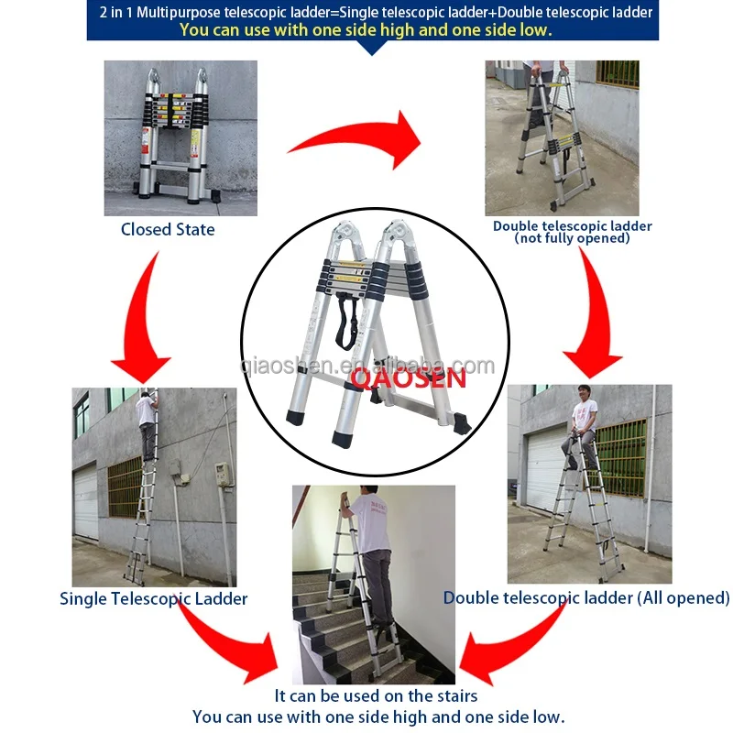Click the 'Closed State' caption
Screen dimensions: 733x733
pos(168,230)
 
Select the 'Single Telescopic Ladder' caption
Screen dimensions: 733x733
pos(154,599)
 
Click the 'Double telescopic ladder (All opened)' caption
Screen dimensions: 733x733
pos(586,598)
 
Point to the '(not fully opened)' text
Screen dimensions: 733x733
pos(573,238)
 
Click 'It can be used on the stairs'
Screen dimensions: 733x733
pos(376,696)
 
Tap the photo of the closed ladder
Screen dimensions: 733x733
pos(181,137)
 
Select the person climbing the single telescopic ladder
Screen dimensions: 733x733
pos(147,421)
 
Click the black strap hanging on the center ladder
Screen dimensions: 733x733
pos(346,321)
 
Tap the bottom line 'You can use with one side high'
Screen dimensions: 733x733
pos(378,717)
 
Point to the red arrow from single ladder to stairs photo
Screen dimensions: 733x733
pos(224,641)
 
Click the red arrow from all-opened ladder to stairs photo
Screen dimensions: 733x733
pos(513,641)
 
